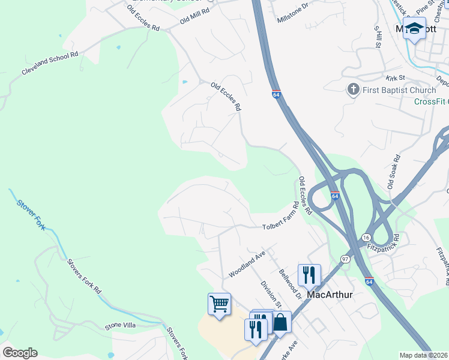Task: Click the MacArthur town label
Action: point(329,295)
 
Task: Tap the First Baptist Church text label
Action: point(391,91)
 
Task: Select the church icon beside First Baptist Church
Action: point(353,90)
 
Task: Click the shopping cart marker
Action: point(219,304)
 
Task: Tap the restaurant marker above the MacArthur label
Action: point(309,275)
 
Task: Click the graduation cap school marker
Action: point(414,28)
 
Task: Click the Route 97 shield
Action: point(345,259)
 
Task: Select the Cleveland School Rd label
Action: point(50,62)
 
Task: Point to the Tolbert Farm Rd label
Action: point(281,218)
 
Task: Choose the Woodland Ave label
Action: point(247,265)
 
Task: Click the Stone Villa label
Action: point(122,325)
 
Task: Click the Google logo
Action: point(20,353)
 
